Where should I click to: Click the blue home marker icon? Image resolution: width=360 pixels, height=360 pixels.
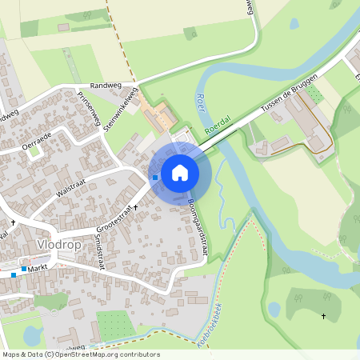[180, 172]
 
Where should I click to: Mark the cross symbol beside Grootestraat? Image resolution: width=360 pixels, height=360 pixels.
[135, 207]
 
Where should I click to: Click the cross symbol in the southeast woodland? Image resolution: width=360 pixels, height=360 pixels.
[324, 316]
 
